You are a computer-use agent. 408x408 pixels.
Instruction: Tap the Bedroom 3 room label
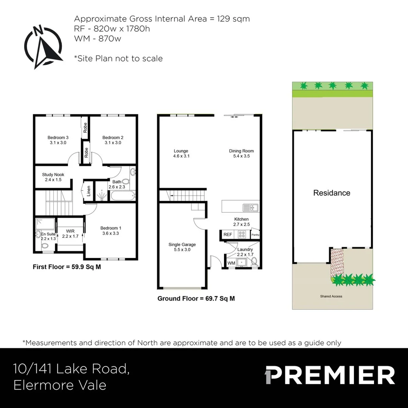coord(58,140)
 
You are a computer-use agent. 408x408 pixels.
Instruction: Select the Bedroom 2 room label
coord(113,140)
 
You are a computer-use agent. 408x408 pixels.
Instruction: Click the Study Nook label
coord(53,177)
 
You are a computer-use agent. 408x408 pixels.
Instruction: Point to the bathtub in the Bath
coord(122,196)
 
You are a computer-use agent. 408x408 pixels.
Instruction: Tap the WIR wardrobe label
coord(70,233)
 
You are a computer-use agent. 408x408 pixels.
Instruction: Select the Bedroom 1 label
coord(111,231)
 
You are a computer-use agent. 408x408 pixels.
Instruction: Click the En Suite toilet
coord(45,246)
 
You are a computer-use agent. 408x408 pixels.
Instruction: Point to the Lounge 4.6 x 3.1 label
coord(181,153)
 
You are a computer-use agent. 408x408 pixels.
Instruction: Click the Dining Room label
coord(241,153)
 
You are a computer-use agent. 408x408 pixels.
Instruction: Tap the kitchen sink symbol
coord(250,207)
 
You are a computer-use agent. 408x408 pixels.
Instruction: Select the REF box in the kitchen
coord(228,235)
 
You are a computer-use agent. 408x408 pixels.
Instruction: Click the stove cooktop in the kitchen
coord(242,235)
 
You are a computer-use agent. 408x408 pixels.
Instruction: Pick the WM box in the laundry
coord(231,263)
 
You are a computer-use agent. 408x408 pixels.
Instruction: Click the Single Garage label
coord(182,247)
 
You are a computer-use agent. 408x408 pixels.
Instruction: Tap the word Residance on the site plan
coord(332,193)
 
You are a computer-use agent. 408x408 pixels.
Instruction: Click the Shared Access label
coord(331,296)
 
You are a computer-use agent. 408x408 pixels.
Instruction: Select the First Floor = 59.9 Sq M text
coord(67,267)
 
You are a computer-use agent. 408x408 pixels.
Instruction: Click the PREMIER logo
coord(329,375)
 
